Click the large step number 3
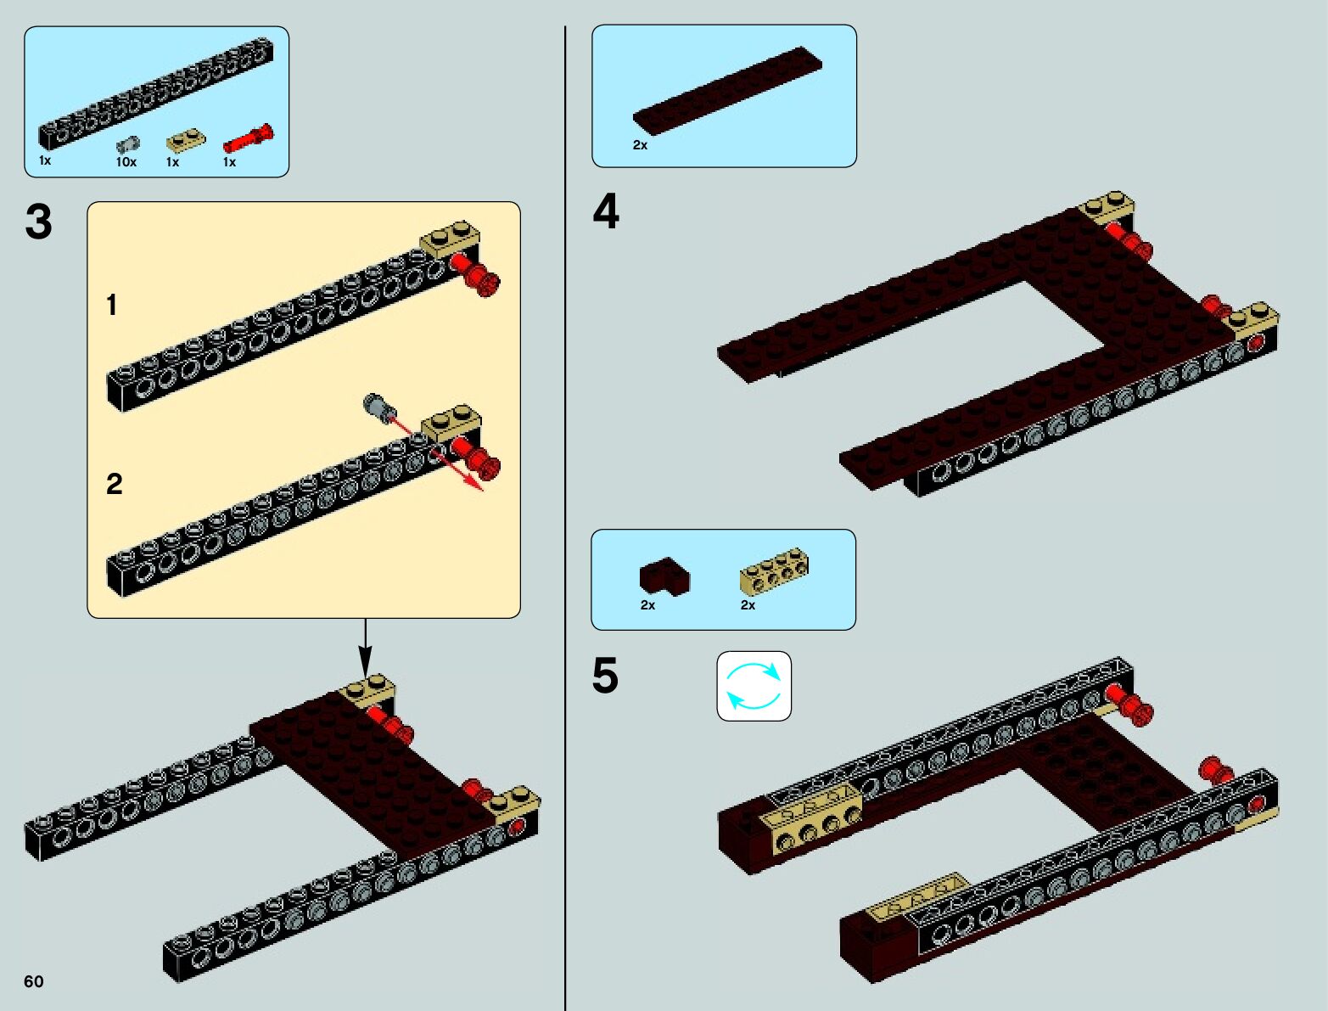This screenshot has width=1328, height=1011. (39, 222)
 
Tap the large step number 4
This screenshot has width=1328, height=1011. (606, 211)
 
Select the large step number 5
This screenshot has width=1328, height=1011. (605, 677)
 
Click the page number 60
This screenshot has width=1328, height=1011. (34, 981)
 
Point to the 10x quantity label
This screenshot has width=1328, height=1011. (126, 162)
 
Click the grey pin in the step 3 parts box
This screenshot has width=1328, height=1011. (128, 143)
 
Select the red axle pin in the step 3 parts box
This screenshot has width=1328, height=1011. (248, 138)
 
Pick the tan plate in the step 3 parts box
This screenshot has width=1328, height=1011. (185, 139)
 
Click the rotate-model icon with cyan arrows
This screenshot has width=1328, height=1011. (754, 686)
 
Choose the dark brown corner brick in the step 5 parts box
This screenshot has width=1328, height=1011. (664, 576)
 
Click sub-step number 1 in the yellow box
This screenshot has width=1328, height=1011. (112, 306)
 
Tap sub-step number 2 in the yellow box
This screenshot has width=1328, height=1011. (115, 484)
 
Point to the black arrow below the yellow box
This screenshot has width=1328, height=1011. (365, 649)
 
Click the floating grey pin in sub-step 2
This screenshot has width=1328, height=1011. (377, 407)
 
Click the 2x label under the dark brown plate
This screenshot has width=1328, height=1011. (640, 145)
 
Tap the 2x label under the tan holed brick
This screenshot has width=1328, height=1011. (748, 605)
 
